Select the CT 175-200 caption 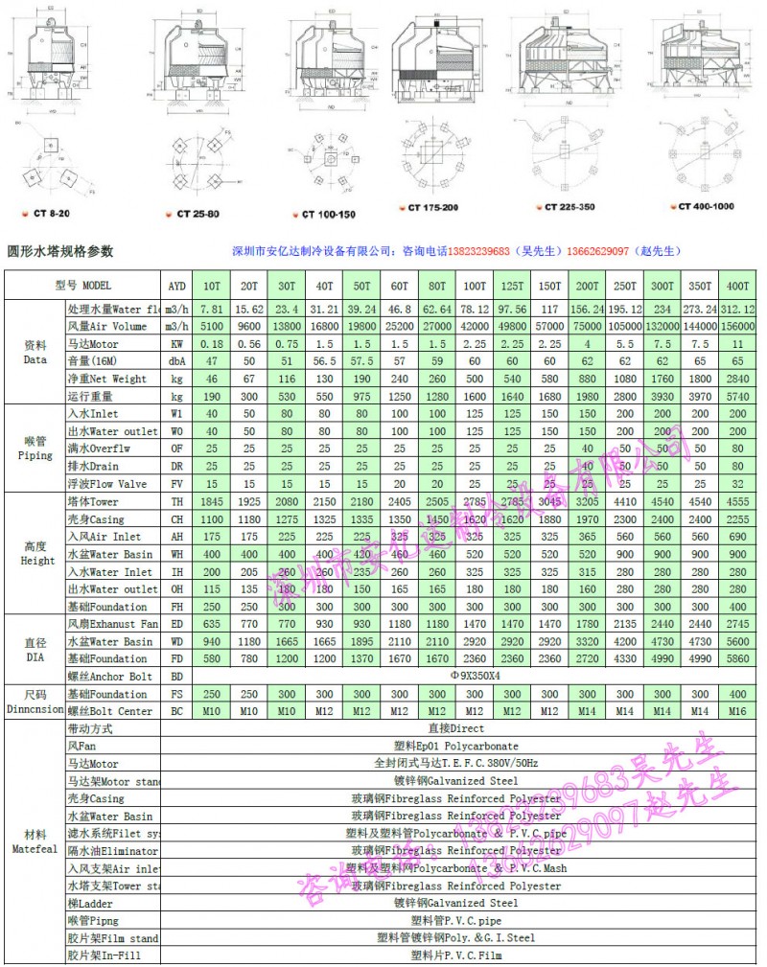433,207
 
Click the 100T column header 474,286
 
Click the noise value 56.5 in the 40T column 325,361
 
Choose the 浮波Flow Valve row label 106,484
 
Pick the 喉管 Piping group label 35,449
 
